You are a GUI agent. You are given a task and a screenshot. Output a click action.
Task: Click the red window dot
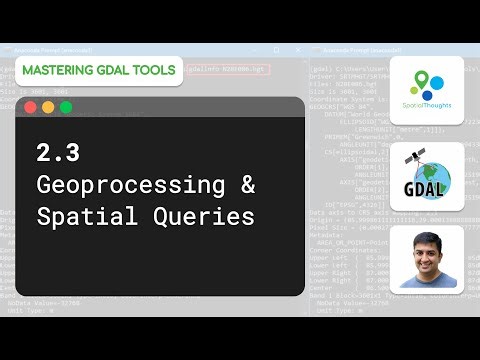click(x=30, y=107)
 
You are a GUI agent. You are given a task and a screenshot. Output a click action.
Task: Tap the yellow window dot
click(x=48, y=107)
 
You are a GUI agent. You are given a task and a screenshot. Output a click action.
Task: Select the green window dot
click(x=66, y=107)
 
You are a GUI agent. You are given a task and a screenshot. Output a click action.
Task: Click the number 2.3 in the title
click(x=58, y=154)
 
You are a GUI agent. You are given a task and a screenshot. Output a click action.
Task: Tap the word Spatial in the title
click(x=83, y=216)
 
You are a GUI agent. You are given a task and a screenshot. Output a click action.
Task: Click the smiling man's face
click(x=427, y=255)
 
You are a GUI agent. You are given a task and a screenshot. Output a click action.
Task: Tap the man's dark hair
click(x=427, y=238)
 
